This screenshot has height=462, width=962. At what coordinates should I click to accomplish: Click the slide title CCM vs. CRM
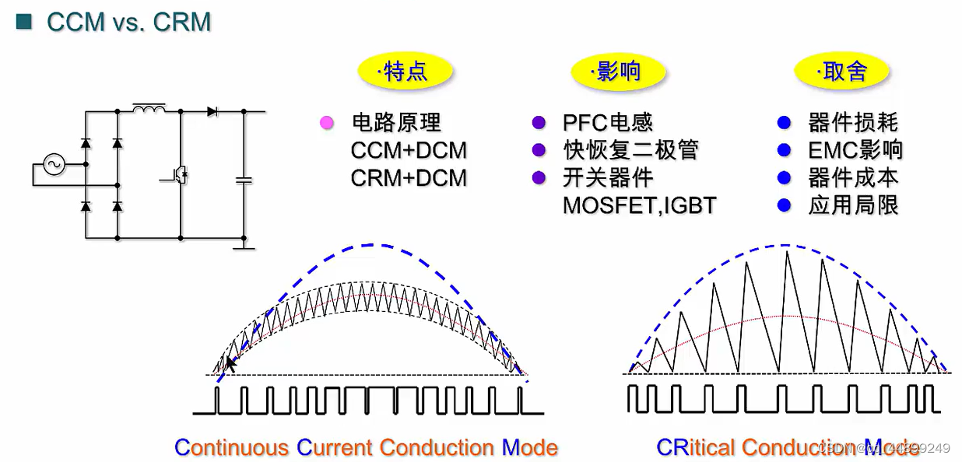[128, 22]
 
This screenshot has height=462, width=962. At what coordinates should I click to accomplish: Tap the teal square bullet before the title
[24, 22]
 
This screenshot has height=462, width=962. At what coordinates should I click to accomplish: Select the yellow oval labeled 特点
[405, 72]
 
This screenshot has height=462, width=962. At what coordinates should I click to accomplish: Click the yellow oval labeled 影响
[618, 72]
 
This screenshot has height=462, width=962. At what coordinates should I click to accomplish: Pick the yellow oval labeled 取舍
[841, 72]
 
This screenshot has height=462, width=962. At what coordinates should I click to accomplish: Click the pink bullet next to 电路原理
[327, 123]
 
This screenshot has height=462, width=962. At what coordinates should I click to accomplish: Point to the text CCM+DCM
[409, 150]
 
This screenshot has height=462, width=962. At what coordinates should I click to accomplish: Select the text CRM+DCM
[409, 178]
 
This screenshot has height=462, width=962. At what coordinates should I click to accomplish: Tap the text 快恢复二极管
[630, 150]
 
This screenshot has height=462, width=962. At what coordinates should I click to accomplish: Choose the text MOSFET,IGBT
[639, 206]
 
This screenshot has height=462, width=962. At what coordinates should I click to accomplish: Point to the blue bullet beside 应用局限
[784, 205]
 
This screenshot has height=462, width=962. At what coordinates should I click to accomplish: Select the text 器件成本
[853, 178]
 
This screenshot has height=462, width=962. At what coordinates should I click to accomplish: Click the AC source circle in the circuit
[55, 165]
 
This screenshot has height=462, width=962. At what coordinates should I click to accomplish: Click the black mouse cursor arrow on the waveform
[230, 364]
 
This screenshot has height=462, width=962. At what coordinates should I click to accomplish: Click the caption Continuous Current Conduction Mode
[366, 447]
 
